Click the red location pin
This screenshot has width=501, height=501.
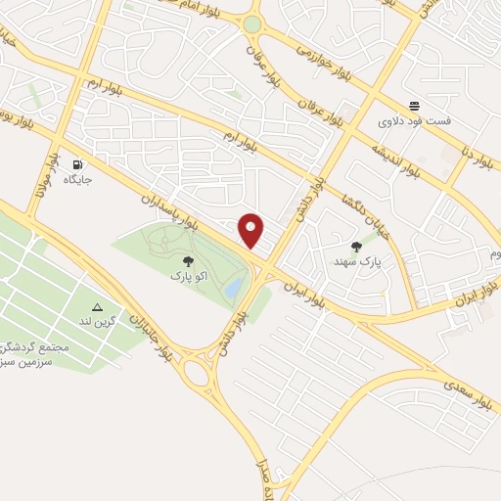(x=252, y=231)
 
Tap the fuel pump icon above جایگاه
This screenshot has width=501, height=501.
(x=76, y=164)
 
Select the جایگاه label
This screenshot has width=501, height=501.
(x=77, y=180)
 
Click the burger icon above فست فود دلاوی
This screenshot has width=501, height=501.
(x=415, y=106)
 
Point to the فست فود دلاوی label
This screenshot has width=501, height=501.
(x=415, y=121)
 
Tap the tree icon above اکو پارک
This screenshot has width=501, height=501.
(x=187, y=261)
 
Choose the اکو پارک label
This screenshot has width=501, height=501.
(x=188, y=277)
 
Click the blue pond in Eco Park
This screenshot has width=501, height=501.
(x=235, y=288)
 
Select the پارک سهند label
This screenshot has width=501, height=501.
(x=355, y=262)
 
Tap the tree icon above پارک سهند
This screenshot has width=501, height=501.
(x=355, y=247)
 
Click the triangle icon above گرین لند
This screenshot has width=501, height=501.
(x=97, y=307)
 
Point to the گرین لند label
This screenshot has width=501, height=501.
(x=98, y=322)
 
